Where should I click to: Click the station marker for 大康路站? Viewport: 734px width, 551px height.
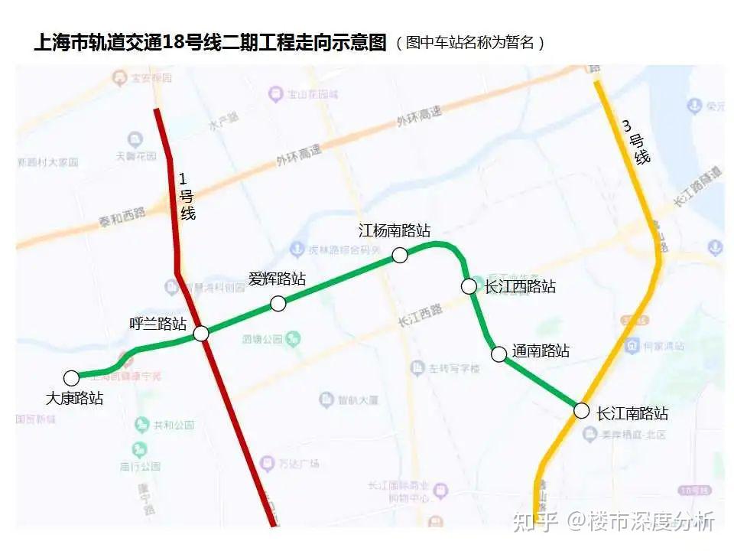[71, 378]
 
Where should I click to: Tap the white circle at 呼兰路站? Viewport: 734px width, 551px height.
[201, 334]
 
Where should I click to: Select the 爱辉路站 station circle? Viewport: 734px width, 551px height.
[278, 304]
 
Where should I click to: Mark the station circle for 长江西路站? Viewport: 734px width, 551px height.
[469, 286]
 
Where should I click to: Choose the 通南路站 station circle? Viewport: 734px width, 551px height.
[499, 354]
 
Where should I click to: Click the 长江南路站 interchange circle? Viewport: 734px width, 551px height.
[582, 411]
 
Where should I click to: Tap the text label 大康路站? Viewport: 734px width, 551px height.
[74, 398]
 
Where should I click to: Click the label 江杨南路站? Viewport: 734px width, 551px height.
[395, 230]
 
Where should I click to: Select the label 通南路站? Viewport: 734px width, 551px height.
[541, 351]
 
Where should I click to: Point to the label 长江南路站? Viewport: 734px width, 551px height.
[632, 413]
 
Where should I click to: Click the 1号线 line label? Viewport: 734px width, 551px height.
[186, 197]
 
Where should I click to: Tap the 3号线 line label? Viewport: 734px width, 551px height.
[636, 141]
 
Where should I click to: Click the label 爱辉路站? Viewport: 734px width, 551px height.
[277, 279]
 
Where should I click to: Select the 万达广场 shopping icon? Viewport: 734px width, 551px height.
[267, 463]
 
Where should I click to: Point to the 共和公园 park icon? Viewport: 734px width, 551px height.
[141, 425]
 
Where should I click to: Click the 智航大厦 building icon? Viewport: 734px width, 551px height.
[326, 399]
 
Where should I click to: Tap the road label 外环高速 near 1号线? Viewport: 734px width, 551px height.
[298, 156]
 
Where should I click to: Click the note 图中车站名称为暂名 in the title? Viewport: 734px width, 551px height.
[469, 42]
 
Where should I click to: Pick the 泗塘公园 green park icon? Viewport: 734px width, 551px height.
[293, 337]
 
